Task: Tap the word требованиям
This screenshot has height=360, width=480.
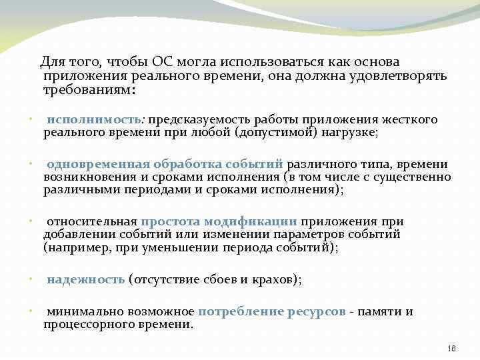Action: pyautogui.click(x=88, y=89)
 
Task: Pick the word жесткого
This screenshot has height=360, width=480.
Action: pyautogui.click(x=409, y=119)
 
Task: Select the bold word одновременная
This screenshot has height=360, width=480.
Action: pyautogui.click(x=98, y=164)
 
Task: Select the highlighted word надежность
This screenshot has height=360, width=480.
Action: pyautogui.click(x=86, y=279)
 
